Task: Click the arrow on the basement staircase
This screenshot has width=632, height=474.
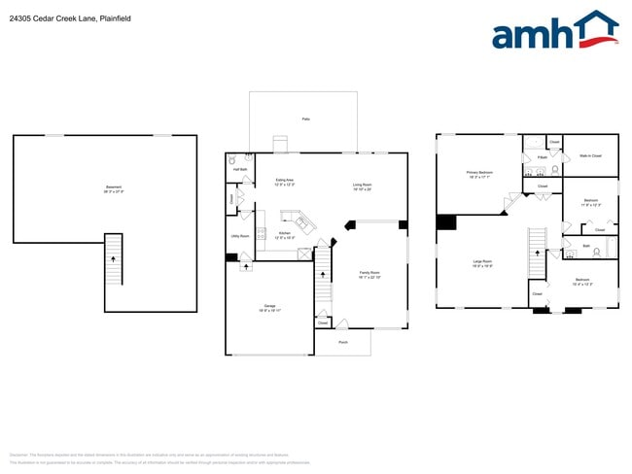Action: (x=114, y=259)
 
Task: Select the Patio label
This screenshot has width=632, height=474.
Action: (x=305, y=119)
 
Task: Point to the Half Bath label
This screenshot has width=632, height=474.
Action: (x=240, y=169)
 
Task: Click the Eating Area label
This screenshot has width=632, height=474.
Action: (x=285, y=182)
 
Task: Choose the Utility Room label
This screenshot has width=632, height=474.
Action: (x=239, y=236)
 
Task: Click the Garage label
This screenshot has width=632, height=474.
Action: (x=269, y=308)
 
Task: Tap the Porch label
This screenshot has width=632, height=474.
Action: (x=342, y=343)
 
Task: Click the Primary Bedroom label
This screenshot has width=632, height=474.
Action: (x=480, y=175)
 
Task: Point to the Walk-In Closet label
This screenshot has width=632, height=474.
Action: (x=590, y=155)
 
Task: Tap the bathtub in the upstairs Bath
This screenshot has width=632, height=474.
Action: (x=609, y=248)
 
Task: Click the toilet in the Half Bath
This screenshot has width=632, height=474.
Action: (x=233, y=160)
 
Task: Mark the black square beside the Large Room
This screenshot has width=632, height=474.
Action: (x=445, y=222)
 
